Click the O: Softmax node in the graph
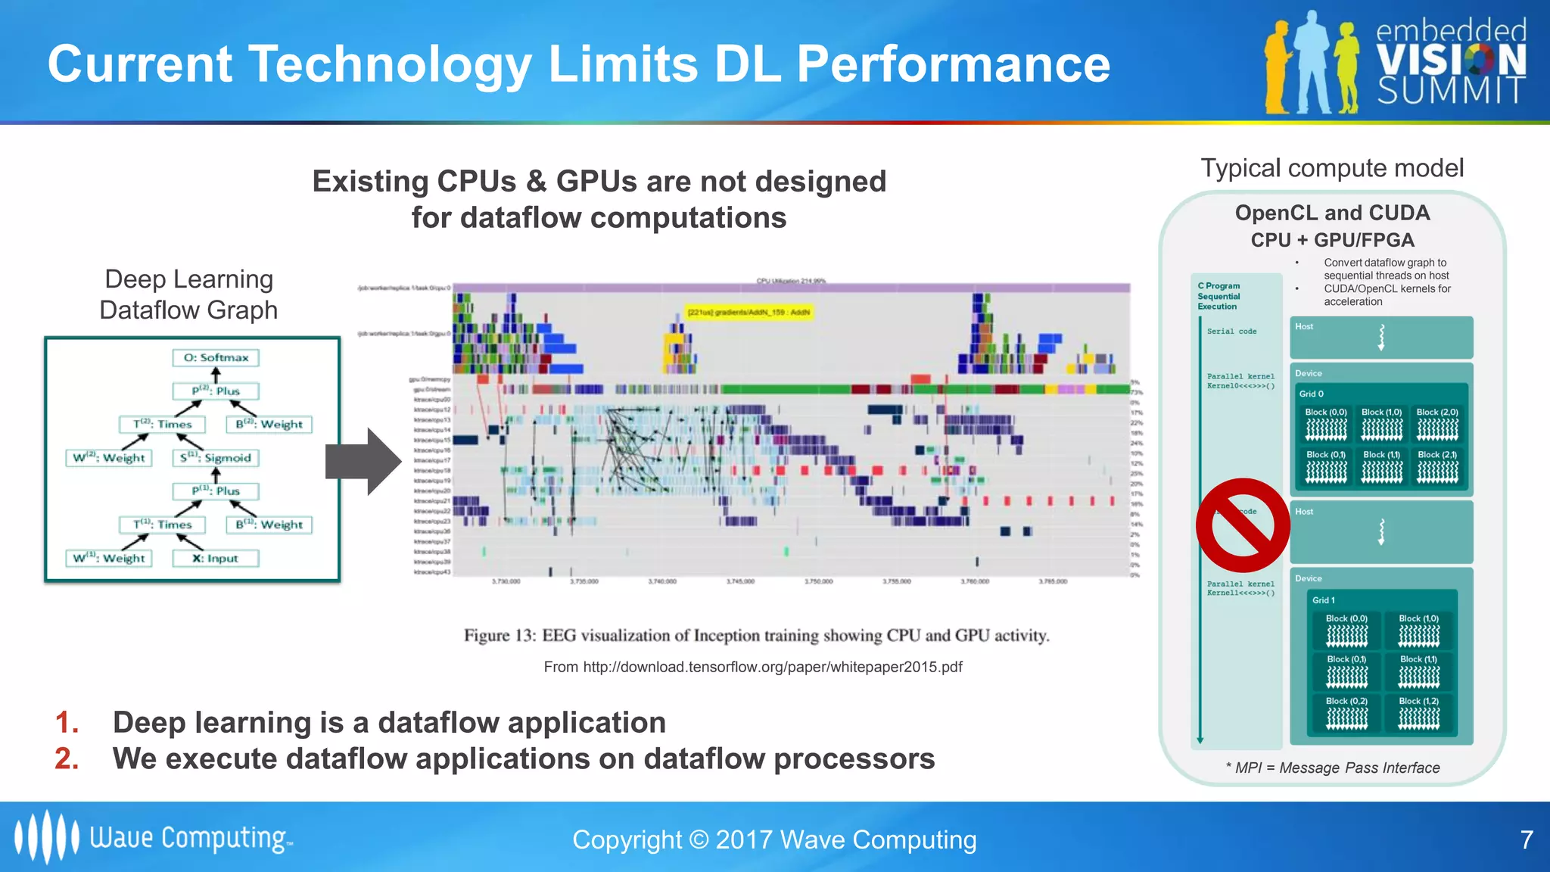(x=216, y=357)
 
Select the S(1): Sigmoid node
(x=216, y=458)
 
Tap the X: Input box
(x=216, y=559)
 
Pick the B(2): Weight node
(x=269, y=425)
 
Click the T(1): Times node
(x=162, y=525)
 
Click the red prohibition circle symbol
(x=1242, y=525)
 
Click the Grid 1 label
(x=1324, y=600)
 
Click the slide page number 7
(x=1527, y=839)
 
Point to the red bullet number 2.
(x=67, y=758)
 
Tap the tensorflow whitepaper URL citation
(x=753, y=667)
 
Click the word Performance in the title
(x=954, y=64)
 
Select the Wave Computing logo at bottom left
(x=151, y=837)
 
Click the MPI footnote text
(x=1333, y=768)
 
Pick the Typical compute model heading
(x=1332, y=168)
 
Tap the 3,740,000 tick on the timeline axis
(x=662, y=581)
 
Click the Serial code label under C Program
(x=1231, y=332)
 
